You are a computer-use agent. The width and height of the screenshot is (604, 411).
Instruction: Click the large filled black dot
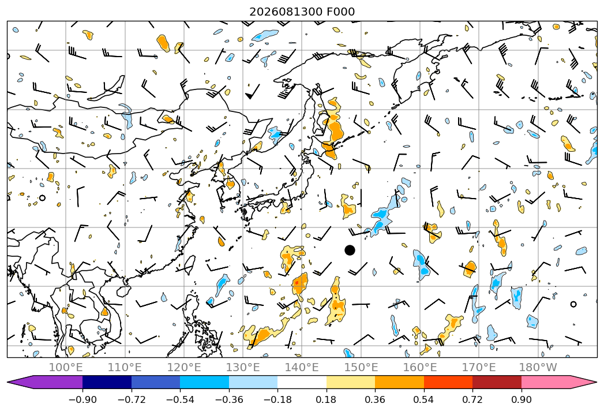click(350, 250)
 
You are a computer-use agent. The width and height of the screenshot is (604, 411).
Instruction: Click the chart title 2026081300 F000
click(302, 12)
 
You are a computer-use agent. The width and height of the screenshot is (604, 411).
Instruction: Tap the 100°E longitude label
click(66, 367)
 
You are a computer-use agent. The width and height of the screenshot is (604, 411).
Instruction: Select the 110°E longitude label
click(125, 367)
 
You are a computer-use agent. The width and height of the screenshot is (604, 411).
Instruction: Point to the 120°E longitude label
click(184, 367)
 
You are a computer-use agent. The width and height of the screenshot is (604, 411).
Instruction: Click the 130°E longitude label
click(243, 367)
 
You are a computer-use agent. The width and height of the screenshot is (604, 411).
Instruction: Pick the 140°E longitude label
click(302, 367)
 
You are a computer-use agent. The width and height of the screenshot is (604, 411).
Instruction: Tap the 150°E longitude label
click(361, 367)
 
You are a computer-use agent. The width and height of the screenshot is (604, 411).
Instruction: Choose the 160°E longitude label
click(420, 367)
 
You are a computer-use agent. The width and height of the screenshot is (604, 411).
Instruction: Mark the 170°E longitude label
click(479, 367)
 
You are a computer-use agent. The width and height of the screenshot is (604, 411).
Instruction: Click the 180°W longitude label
click(538, 367)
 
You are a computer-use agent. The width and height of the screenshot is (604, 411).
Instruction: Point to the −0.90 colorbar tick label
click(82, 399)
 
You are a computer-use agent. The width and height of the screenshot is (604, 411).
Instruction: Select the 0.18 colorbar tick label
click(327, 399)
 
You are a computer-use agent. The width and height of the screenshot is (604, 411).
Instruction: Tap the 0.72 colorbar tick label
click(472, 399)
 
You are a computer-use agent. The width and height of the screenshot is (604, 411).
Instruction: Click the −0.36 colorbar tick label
click(229, 399)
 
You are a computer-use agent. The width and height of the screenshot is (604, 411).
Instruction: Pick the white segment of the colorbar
click(302, 382)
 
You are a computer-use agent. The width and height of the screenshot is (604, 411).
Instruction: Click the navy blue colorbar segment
click(107, 382)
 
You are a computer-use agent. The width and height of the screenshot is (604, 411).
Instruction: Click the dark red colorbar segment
click(497, 382)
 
